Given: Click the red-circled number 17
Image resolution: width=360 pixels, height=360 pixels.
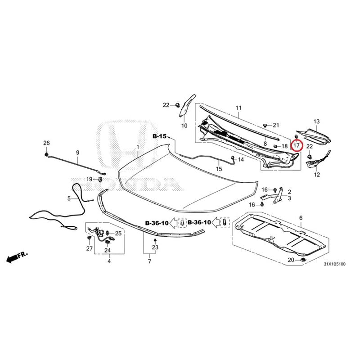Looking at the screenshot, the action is [x=297, y=145].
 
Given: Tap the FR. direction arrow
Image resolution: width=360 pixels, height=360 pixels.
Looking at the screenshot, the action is [x=17, y=257].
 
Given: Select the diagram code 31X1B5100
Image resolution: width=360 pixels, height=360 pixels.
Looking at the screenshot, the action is [x=334, y=264].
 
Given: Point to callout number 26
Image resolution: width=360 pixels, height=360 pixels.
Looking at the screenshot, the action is [x=46, y=143].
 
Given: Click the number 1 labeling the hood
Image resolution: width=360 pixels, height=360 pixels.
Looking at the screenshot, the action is [x=138, y=147].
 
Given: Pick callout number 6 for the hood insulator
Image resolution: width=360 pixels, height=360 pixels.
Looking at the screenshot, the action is [x=301, y=218].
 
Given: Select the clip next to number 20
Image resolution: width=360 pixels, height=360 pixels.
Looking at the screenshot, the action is [x=303, y=260].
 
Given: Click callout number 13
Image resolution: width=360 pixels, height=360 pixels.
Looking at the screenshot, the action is [x=316, y=121].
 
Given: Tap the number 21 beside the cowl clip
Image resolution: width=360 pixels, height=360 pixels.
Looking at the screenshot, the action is [x=276, y=125].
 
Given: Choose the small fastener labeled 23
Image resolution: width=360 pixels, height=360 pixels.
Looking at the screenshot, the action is [x=155, y=240].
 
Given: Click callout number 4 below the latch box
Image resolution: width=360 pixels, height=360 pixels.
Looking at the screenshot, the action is [x=109, y=261].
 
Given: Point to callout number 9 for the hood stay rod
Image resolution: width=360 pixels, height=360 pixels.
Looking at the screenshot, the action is [x=77, y=153].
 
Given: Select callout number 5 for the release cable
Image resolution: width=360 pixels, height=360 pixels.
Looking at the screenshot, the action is [x=69, y=198].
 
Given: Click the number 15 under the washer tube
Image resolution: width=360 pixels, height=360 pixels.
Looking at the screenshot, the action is [x=219, y=169].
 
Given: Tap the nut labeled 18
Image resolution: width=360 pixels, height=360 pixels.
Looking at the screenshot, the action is [x=275, y=146].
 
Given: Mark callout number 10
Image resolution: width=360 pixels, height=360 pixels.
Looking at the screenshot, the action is [x=184, y=126].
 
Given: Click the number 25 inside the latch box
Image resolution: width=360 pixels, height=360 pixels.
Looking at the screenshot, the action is [x=118, y=234].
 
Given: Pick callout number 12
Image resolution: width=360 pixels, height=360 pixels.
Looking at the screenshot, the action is [x=317, y=175].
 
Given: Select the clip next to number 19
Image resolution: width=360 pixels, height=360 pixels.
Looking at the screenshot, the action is [x=100, y=179].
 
